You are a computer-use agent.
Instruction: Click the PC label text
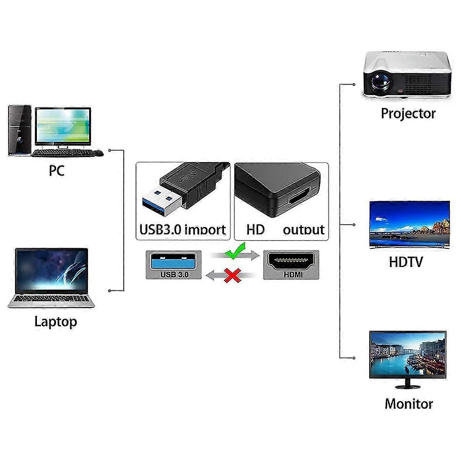click(56, 171)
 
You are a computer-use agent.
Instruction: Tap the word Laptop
click(56, 321)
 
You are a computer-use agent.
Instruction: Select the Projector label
click(408, 113)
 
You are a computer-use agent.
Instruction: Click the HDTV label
click(406, 262)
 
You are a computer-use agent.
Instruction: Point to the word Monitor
click(409, 404)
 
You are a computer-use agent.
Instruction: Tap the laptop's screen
click(51, 269)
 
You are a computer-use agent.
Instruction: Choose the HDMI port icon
click(291, 262)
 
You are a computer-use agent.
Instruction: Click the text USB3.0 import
click(182, 229)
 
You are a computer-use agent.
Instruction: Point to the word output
click(303, 230)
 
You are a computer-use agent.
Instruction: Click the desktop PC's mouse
click(98, 153)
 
